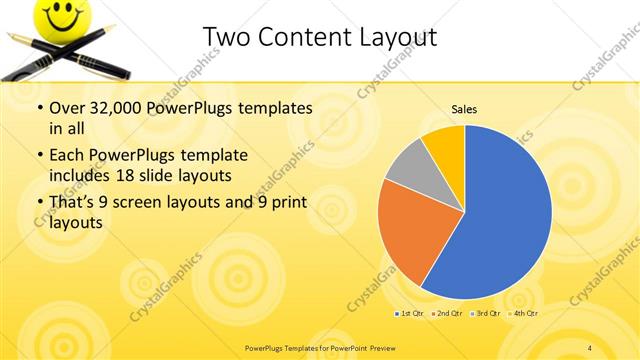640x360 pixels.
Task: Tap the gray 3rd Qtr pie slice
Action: (407, 170)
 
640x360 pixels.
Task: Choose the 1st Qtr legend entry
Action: (410, 313)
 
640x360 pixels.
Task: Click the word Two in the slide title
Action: (225, 37)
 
